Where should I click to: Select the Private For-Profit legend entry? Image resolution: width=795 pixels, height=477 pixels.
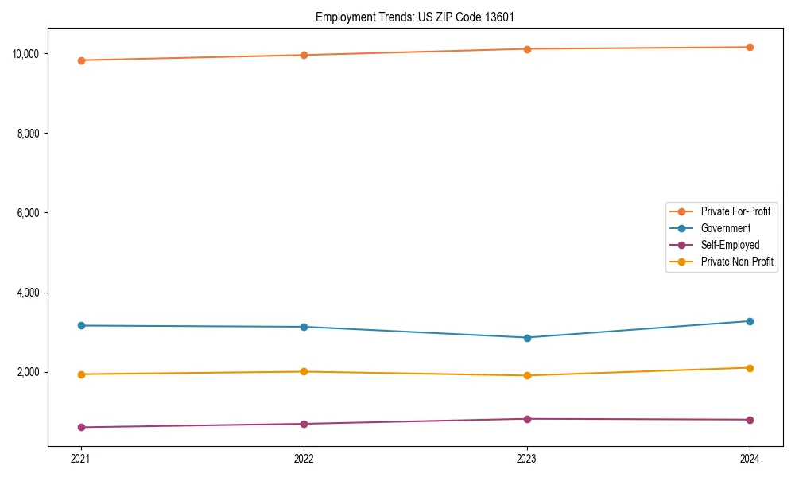point(735,211)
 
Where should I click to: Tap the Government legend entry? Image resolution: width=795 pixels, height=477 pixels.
point(725,228)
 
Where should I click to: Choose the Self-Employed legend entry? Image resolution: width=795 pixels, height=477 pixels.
point(730,245)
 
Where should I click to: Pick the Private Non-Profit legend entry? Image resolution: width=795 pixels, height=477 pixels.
point(737,262)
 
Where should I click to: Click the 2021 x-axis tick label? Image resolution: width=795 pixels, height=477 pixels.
point(80,458)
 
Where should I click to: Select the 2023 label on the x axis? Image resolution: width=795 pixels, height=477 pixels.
point(526,458)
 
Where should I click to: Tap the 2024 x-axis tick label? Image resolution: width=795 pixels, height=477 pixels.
point(750,458)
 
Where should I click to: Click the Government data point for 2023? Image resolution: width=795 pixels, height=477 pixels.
point(526,338)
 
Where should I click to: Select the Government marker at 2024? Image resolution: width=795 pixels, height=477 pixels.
point(750,321)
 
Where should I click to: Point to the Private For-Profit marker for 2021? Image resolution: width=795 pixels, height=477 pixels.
point(80,60)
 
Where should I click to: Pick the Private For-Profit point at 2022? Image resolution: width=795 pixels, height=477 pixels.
point(304,55)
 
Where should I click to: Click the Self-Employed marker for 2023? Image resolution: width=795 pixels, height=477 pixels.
point(526,419)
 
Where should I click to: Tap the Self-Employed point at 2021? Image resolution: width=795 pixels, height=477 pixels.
point(80,427)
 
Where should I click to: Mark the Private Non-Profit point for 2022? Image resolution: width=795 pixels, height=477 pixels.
point(304,371)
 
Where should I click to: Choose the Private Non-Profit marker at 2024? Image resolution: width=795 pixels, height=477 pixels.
point(750,368)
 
